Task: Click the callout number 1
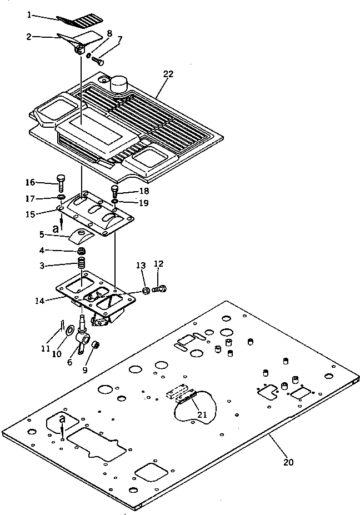click(x=29, y=15)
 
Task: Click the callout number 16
click(x=30, y=182)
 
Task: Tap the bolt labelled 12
click(x=161, y=289)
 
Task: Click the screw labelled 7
click(x=98, y=61)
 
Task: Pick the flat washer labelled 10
click(x=69, y=332)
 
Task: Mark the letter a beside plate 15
click(x=55, y=228)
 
